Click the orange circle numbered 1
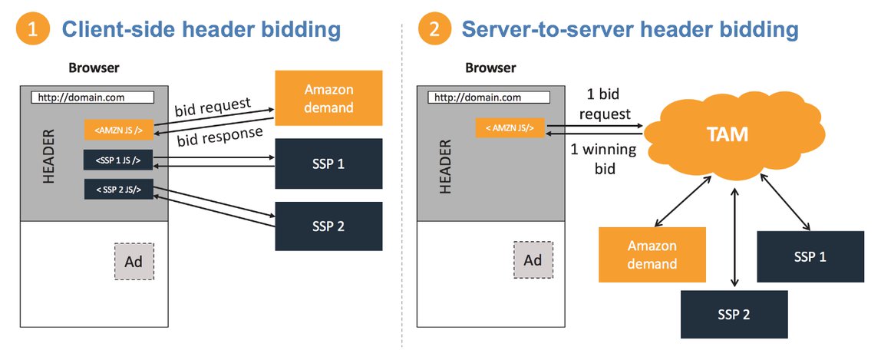33,29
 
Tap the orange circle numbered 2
434,29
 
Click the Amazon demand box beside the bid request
328,97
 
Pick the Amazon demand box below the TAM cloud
652,254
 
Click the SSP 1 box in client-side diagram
328,163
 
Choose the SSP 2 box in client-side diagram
328,226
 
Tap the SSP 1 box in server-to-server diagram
810,256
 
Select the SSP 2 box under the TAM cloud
734,315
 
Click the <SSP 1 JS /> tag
118,160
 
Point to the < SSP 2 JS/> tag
118,190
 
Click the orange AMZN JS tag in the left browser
118,130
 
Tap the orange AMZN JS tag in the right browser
510,127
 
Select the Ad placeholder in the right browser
533,260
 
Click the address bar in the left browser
92,97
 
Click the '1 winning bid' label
603,159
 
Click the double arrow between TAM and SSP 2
733,237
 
